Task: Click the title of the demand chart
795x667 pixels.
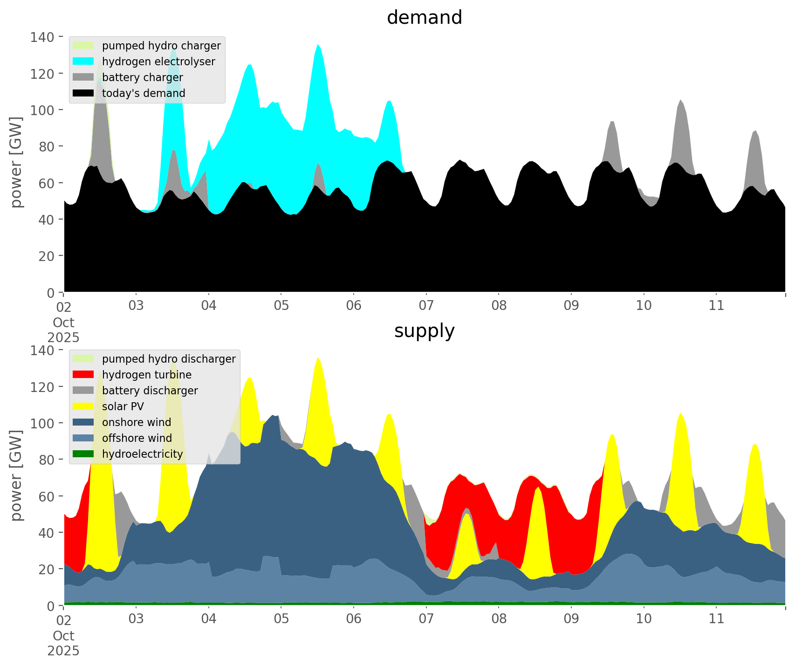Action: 424,18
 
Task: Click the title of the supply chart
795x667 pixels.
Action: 424,331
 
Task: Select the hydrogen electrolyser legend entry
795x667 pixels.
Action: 158,62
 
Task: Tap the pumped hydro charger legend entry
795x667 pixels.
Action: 161,46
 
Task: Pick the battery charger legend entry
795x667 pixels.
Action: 142,77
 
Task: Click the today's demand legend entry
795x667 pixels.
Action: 144,93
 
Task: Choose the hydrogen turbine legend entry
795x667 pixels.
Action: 147,375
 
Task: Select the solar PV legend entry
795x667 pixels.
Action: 123,406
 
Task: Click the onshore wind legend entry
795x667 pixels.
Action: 137,422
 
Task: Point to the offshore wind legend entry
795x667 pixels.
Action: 137,438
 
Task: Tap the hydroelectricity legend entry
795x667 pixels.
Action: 143,454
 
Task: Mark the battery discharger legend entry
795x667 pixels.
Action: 150,391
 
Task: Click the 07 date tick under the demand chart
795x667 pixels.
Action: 426,306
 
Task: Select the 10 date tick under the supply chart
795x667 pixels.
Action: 644,619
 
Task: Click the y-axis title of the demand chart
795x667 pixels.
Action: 16,162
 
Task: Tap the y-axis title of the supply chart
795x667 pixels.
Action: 16,475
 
